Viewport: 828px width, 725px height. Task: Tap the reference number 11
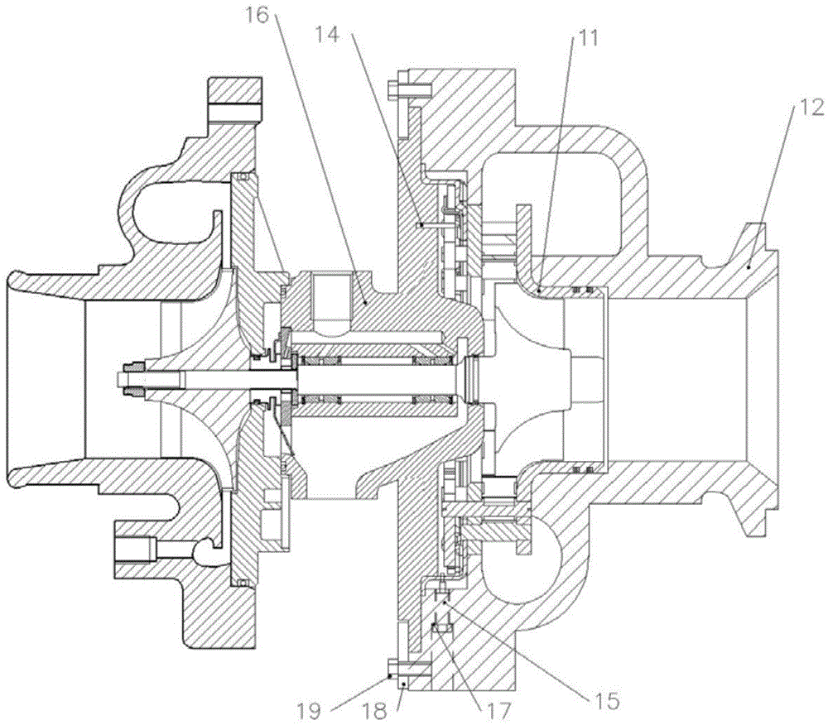[x=587, y=39]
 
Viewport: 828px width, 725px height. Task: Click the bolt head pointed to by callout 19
[x=393, y=668]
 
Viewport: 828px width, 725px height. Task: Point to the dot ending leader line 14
[x=421, y=224]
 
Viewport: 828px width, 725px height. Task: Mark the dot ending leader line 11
[x=538, y=290]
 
